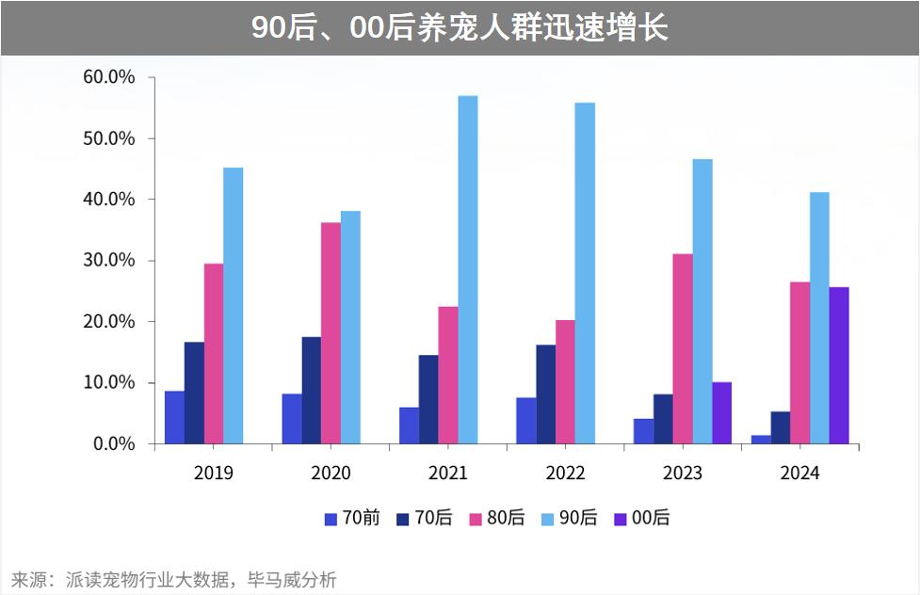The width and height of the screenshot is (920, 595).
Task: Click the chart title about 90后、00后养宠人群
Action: [x=460, y=27]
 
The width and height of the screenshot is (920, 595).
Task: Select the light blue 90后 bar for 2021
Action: [x=467, y=269]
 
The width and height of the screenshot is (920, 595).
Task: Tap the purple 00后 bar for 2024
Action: [x=838, y=365]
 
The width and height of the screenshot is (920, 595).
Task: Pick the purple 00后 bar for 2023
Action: [x=721, y=412]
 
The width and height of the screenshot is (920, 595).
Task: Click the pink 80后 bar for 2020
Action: [x=331, y=332]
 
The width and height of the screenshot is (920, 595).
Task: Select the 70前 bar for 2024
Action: [x=761, y=439]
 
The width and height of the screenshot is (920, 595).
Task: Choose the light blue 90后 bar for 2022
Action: [x=585, y=273]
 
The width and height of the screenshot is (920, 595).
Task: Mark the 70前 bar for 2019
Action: [x=174, y=417]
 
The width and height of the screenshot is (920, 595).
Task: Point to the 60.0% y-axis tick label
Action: [x=109, y=77]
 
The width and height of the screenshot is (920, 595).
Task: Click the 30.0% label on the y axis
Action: [x=109, y=261]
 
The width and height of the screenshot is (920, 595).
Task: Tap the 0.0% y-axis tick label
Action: [x=114, y=443]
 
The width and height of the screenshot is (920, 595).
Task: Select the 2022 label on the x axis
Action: [x=565, y=473]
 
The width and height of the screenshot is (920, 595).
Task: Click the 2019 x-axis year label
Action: [x=214, y=473]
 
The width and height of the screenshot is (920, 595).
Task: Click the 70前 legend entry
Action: [x=352, y=518]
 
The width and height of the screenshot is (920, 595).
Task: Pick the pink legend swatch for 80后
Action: [x=476, y=519]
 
